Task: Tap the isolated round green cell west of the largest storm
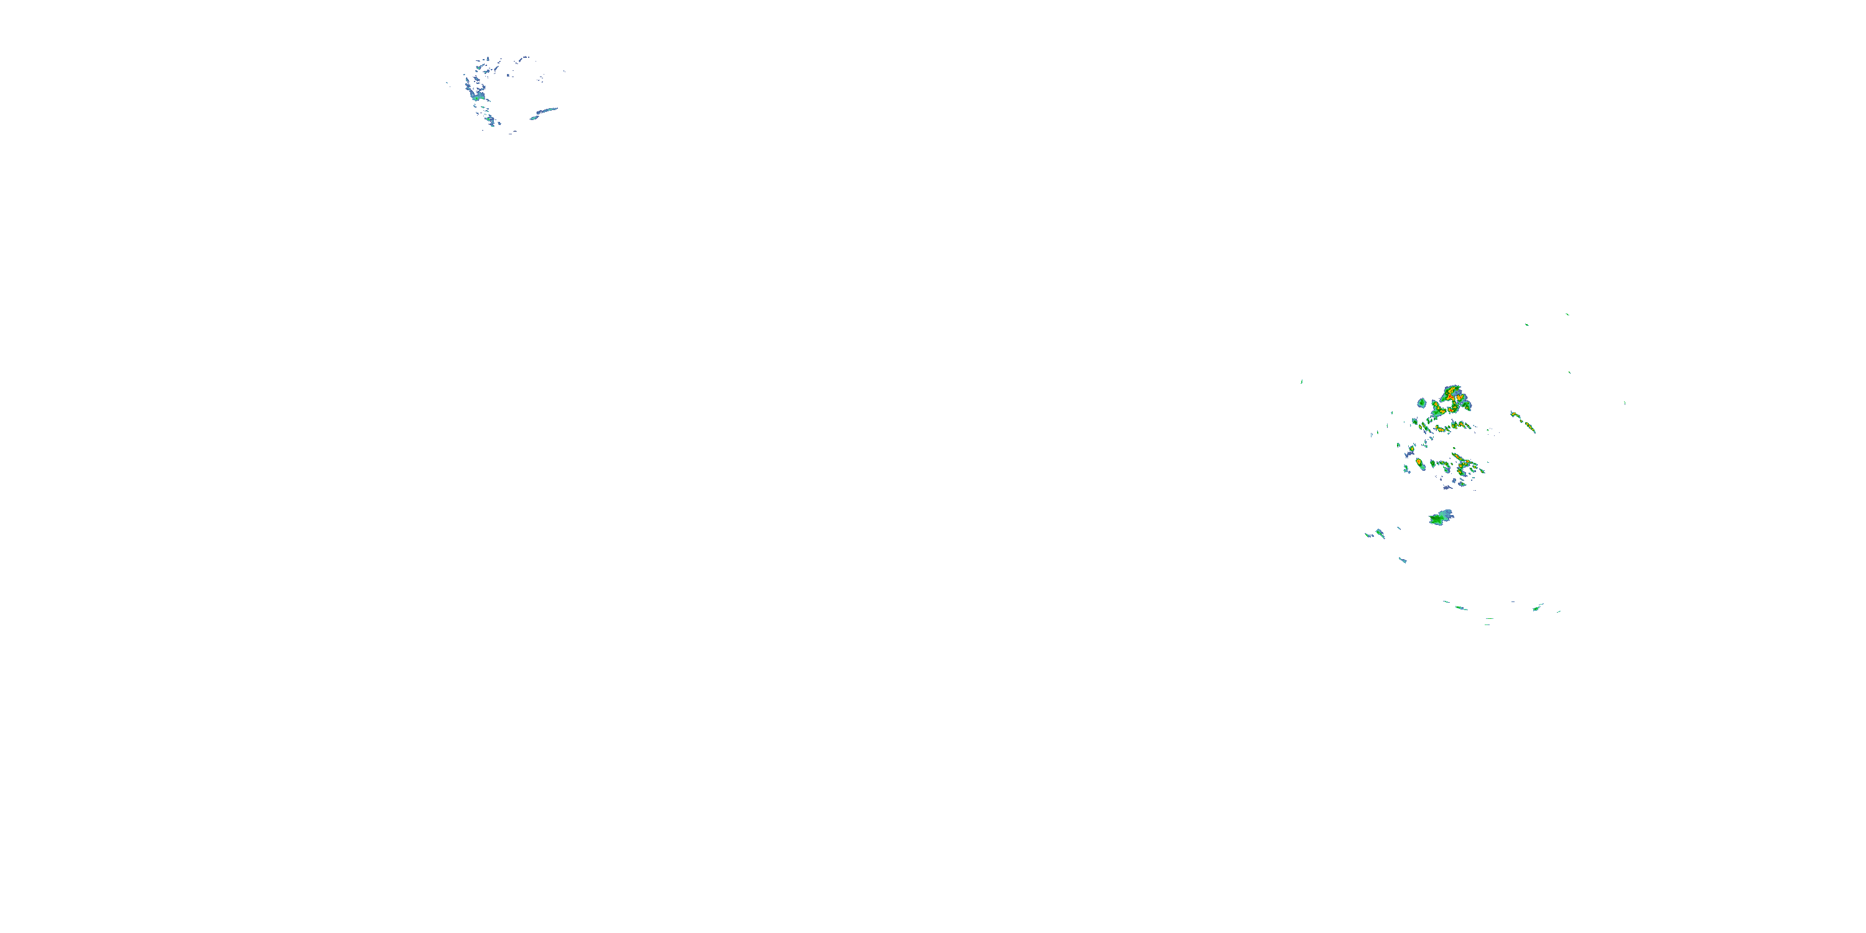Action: tap(1422, 403)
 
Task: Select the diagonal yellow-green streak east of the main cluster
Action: tap(1523, 422)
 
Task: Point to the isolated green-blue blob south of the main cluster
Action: tap(1441, 518)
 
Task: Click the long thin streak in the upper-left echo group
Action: tap(545, 113)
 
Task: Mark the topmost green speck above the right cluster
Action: tap(1567, 314)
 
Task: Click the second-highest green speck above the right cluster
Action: tap(1526, 325)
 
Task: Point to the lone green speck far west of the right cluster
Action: tap(1302, 382)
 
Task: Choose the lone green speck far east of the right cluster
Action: tap(1625, 403)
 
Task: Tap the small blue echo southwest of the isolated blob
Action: tap(1403, 560)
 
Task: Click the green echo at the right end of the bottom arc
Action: tap(1536, 608)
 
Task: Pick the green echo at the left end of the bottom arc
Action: tap(1460, 608)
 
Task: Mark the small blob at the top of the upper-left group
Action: tap(524, 58)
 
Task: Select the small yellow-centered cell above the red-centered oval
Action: tap(1411, 450)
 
